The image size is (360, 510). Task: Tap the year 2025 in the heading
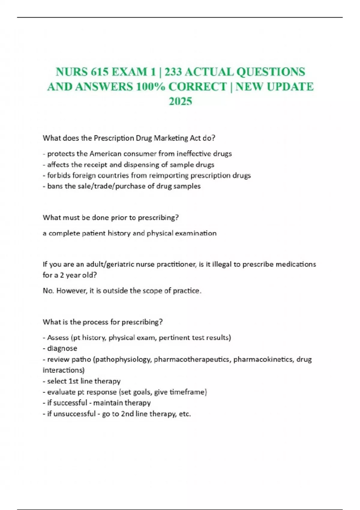click(x=180, y=101)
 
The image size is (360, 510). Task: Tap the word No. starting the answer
click(x=48, y=291)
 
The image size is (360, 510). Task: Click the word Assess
click(x=58, y=337)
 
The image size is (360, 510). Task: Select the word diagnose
click(x=62, y=348)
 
